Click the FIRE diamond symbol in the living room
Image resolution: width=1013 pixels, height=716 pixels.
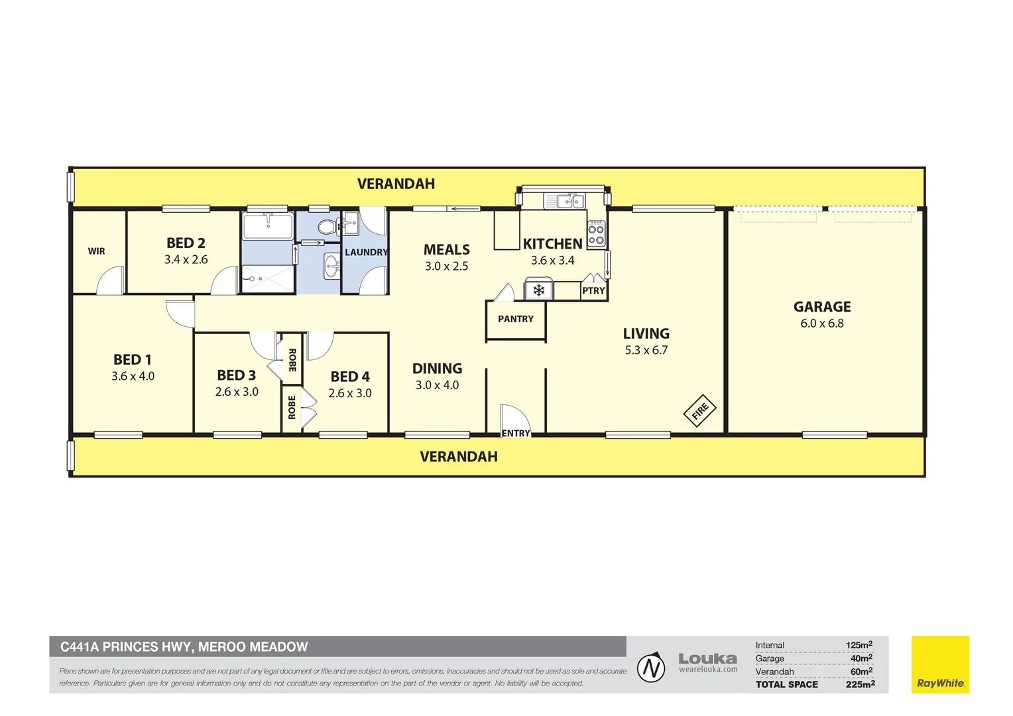(699, 410)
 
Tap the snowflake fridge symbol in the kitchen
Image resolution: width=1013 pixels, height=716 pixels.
(538, 290)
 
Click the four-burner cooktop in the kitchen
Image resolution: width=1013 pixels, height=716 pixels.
(596, 233)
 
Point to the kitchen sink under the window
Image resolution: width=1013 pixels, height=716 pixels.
(565, 200)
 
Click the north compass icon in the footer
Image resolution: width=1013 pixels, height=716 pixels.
(651, 668)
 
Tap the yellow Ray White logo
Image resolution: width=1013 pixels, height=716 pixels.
(940, 664)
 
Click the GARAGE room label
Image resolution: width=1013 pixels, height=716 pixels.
(822, 307)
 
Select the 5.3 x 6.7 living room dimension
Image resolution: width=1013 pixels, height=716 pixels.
(646, 350)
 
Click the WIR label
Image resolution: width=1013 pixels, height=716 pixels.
(96, 251)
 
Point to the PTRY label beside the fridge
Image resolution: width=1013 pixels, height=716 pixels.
(593, 291)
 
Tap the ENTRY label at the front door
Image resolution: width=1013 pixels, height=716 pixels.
(516, 434)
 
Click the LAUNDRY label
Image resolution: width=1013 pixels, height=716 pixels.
(367, 253)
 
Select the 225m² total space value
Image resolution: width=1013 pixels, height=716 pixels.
(860, 684)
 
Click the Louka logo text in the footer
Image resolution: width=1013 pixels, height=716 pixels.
(708, 658)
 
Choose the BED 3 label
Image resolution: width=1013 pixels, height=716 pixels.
(237, 375)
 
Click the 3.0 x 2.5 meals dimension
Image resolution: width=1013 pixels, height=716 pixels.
(446, 267)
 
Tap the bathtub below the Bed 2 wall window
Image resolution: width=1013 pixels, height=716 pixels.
(268, 226)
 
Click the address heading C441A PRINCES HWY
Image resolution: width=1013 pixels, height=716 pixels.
(184, 647)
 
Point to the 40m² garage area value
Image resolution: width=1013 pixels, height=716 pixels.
(861, 658)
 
